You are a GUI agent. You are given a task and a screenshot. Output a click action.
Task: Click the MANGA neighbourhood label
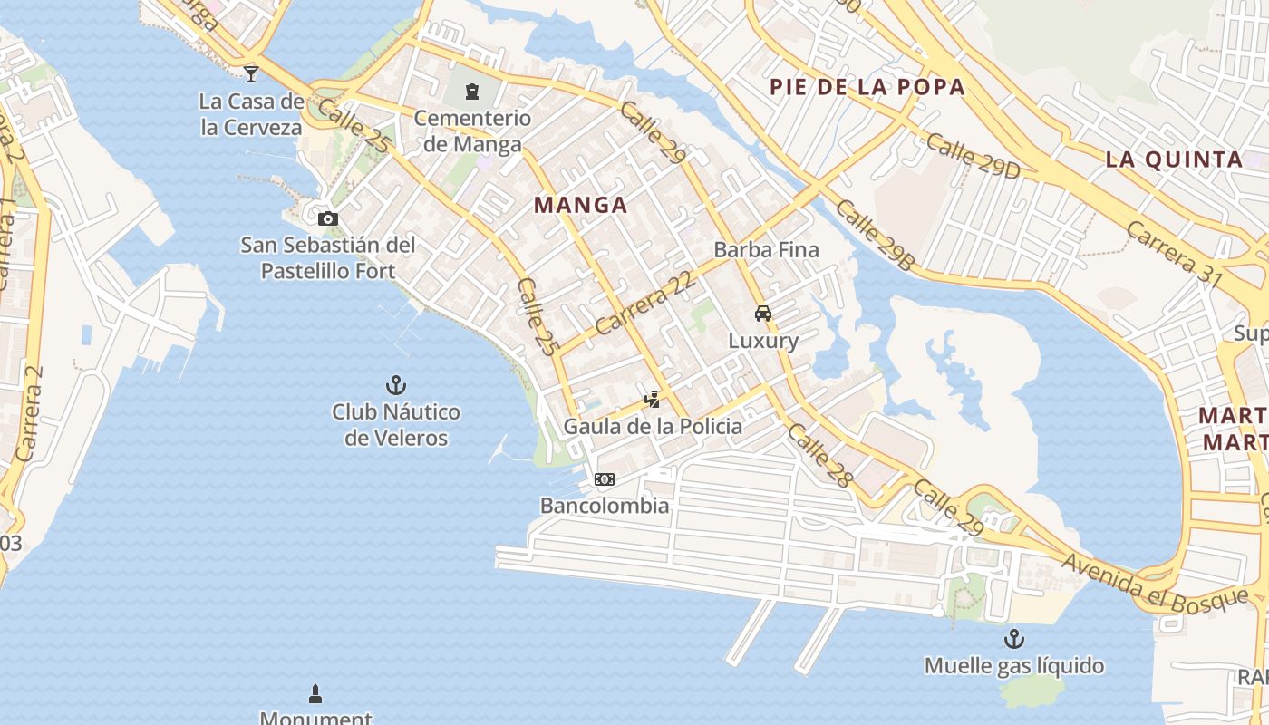pos(580,205)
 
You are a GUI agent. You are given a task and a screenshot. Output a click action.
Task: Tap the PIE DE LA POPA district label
pos(867,87)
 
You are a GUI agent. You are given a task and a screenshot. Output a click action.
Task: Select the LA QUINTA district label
pos(1174,159)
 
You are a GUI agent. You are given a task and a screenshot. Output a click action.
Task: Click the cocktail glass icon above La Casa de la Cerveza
pos(251,73)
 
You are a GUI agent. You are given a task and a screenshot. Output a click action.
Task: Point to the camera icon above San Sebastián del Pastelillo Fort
pos(328,218)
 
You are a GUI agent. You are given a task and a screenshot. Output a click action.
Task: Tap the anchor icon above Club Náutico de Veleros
pos(395,385)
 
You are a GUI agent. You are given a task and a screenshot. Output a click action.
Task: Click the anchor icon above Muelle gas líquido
pos(1013,639)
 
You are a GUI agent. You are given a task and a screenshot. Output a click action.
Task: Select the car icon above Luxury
pos(763,314)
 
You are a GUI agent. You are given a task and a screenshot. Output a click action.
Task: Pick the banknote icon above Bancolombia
pos(605,478)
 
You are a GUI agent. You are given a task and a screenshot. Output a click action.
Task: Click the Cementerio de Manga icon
pos(471,91)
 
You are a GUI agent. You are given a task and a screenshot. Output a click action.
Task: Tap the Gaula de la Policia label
pos(653,426)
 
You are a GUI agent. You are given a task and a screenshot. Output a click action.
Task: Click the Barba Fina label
pos(766,249)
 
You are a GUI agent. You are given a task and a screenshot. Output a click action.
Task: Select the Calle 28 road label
pos(819,455)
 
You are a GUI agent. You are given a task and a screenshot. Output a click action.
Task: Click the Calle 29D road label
pos(973,156)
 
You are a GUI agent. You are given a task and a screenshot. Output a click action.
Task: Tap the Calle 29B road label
pos(875,235)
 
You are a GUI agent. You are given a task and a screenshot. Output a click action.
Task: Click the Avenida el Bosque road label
pos(1155,583)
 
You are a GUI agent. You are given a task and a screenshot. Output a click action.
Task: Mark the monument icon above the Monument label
pos(315,694)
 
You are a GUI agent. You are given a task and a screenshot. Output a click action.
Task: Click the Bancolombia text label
pos(605,506)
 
